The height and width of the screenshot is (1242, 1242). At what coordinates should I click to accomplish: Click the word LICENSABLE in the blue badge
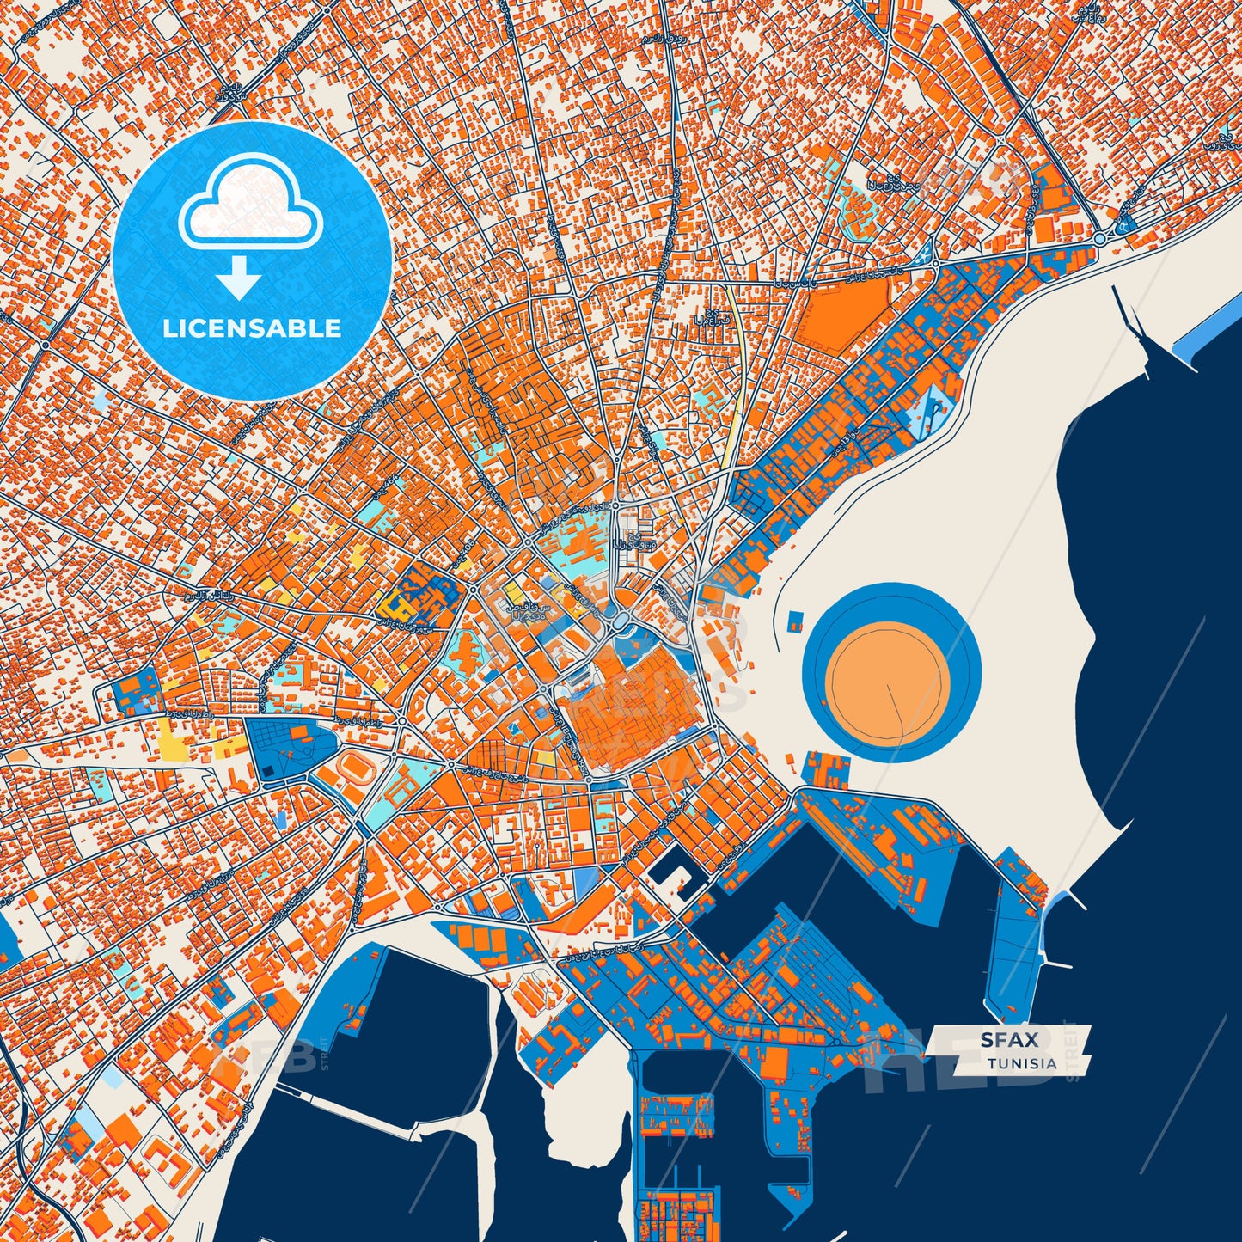253,328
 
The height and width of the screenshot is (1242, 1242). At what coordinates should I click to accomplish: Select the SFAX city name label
1009,1040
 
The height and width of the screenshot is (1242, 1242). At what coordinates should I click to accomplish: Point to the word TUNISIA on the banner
1022,1063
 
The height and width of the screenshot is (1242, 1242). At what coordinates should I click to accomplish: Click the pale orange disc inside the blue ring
890,672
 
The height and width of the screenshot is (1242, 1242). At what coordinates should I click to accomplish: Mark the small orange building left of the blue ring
795,620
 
